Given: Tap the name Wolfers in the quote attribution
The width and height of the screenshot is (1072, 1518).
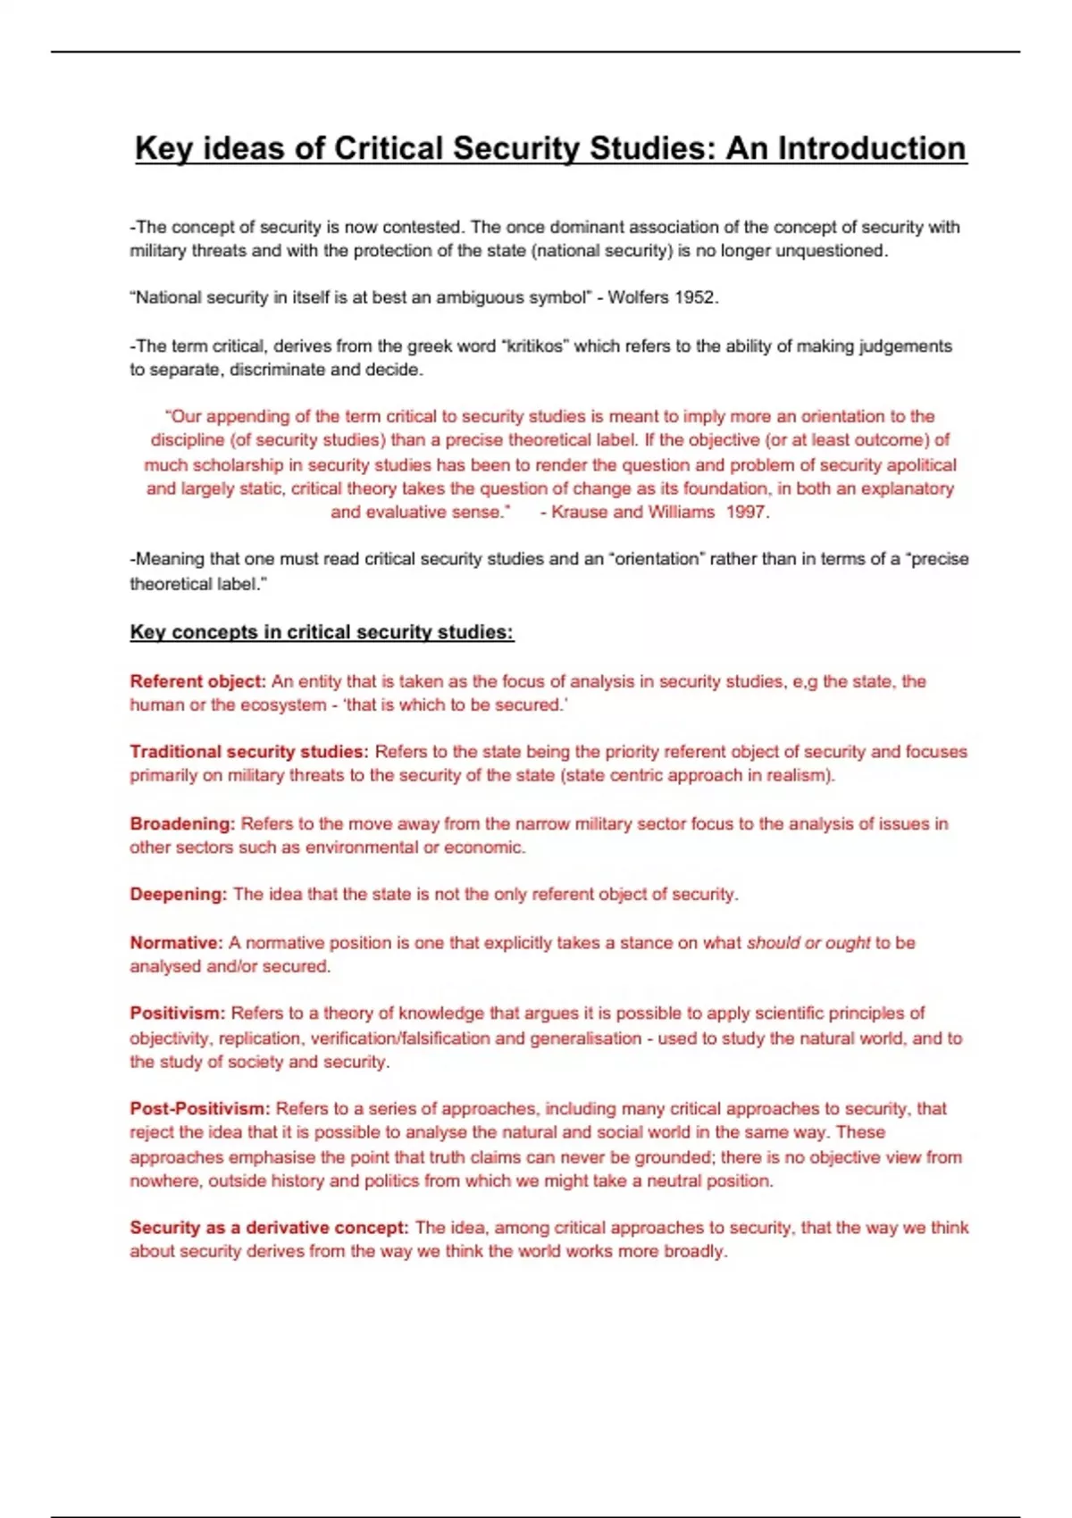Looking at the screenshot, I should [637, 297].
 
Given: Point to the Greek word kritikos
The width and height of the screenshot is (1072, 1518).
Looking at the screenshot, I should [534, 346].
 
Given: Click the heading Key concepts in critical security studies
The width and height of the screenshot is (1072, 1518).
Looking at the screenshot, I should [322, 632].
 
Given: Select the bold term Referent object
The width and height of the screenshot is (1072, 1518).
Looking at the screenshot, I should [197, 681].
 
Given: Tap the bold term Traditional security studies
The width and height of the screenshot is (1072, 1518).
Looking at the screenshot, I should [248, 752].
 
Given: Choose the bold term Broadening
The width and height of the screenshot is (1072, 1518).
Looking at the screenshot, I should [182, 823].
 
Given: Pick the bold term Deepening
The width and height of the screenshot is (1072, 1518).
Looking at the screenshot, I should [179, 894].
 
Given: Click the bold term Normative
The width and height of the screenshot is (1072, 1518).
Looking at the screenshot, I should [176, 943].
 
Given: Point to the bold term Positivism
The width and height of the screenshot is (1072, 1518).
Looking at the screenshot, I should [177, 1013].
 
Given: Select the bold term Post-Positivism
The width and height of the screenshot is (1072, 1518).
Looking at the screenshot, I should [199, 1109].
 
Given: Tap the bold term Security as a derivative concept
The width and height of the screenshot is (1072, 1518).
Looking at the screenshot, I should [269, 1228].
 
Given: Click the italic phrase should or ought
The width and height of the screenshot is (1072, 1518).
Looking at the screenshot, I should [808, 943].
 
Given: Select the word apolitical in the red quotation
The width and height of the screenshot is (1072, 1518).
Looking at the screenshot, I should [919, 464].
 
